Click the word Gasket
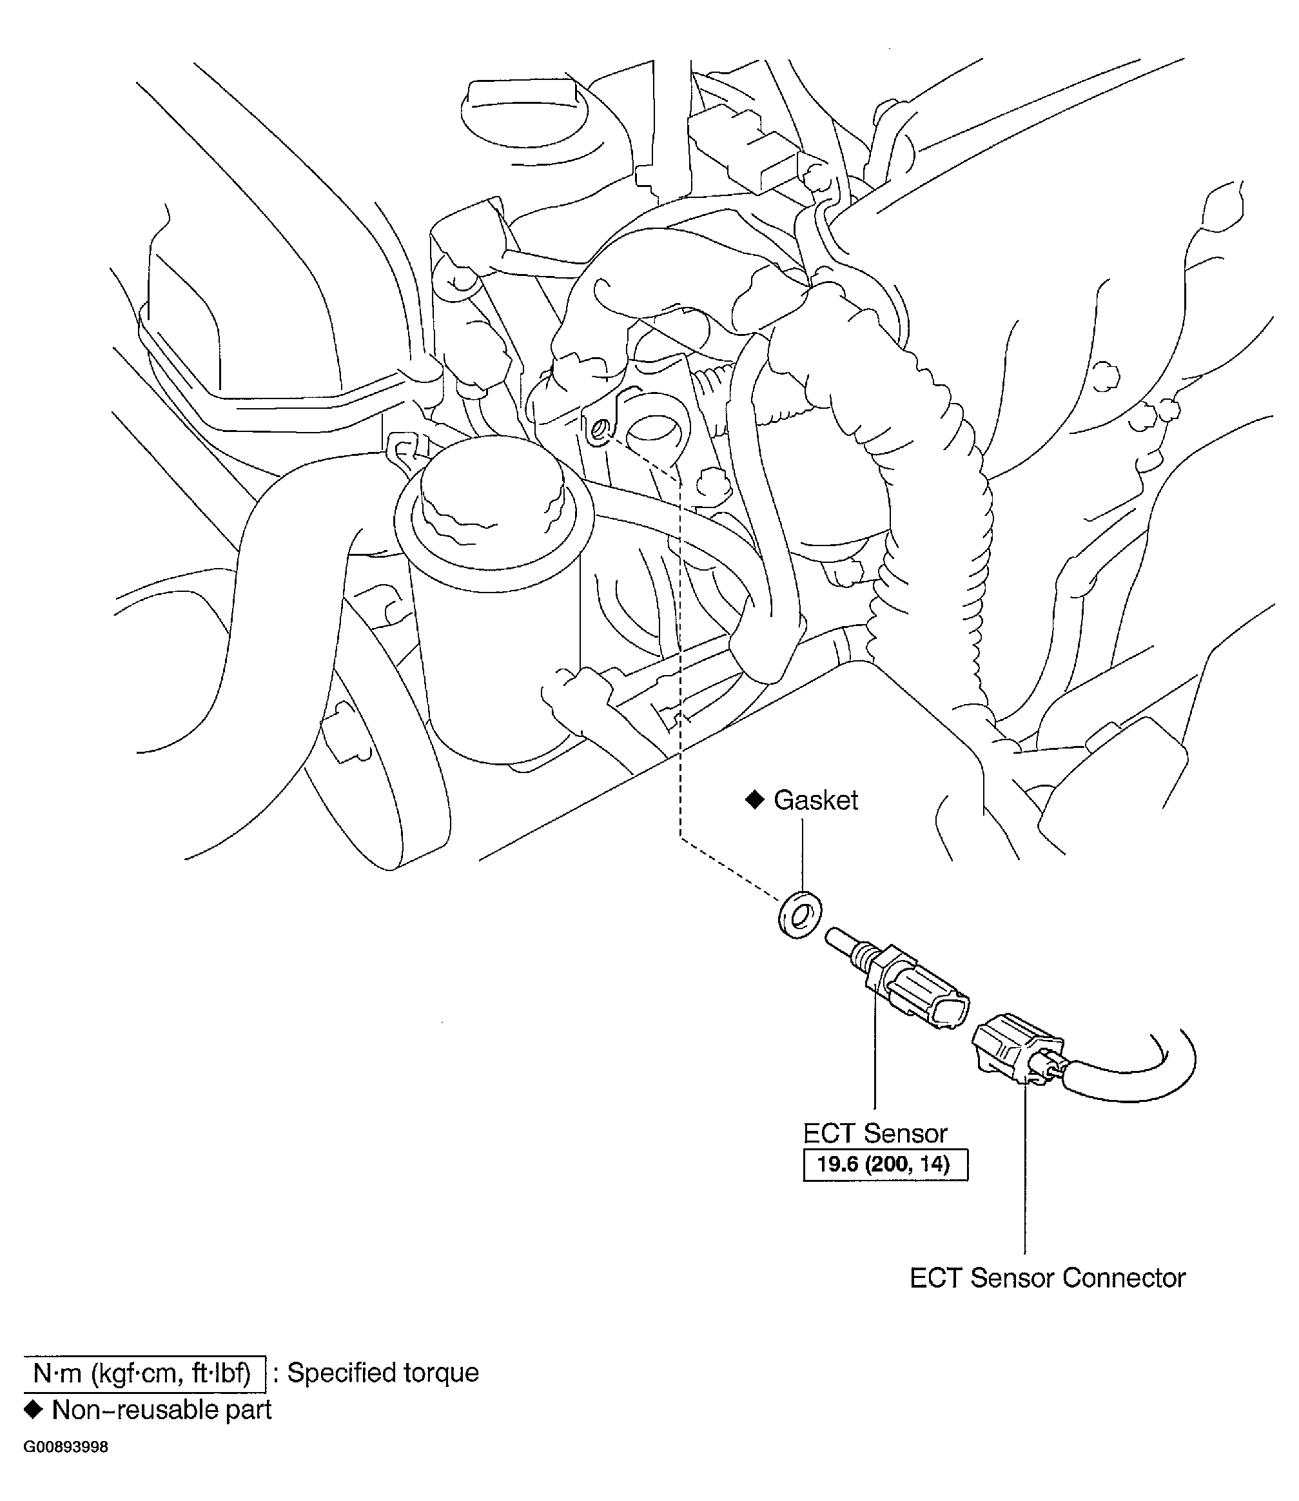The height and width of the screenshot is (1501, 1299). (x=816, y=801)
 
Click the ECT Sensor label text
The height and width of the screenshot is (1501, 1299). (x=875, y=1133)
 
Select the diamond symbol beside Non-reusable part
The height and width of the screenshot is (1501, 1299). (x=33, y=1409)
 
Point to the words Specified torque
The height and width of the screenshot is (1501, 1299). (x=383, y=1373)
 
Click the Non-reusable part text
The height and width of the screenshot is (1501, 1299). (x=162, y=1409)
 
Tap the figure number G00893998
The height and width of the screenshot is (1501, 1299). (x=66, y=1447)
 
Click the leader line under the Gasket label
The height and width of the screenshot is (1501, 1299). (x=802, y=856)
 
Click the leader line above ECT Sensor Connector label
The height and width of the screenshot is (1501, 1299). (x=1025, y=1175)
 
